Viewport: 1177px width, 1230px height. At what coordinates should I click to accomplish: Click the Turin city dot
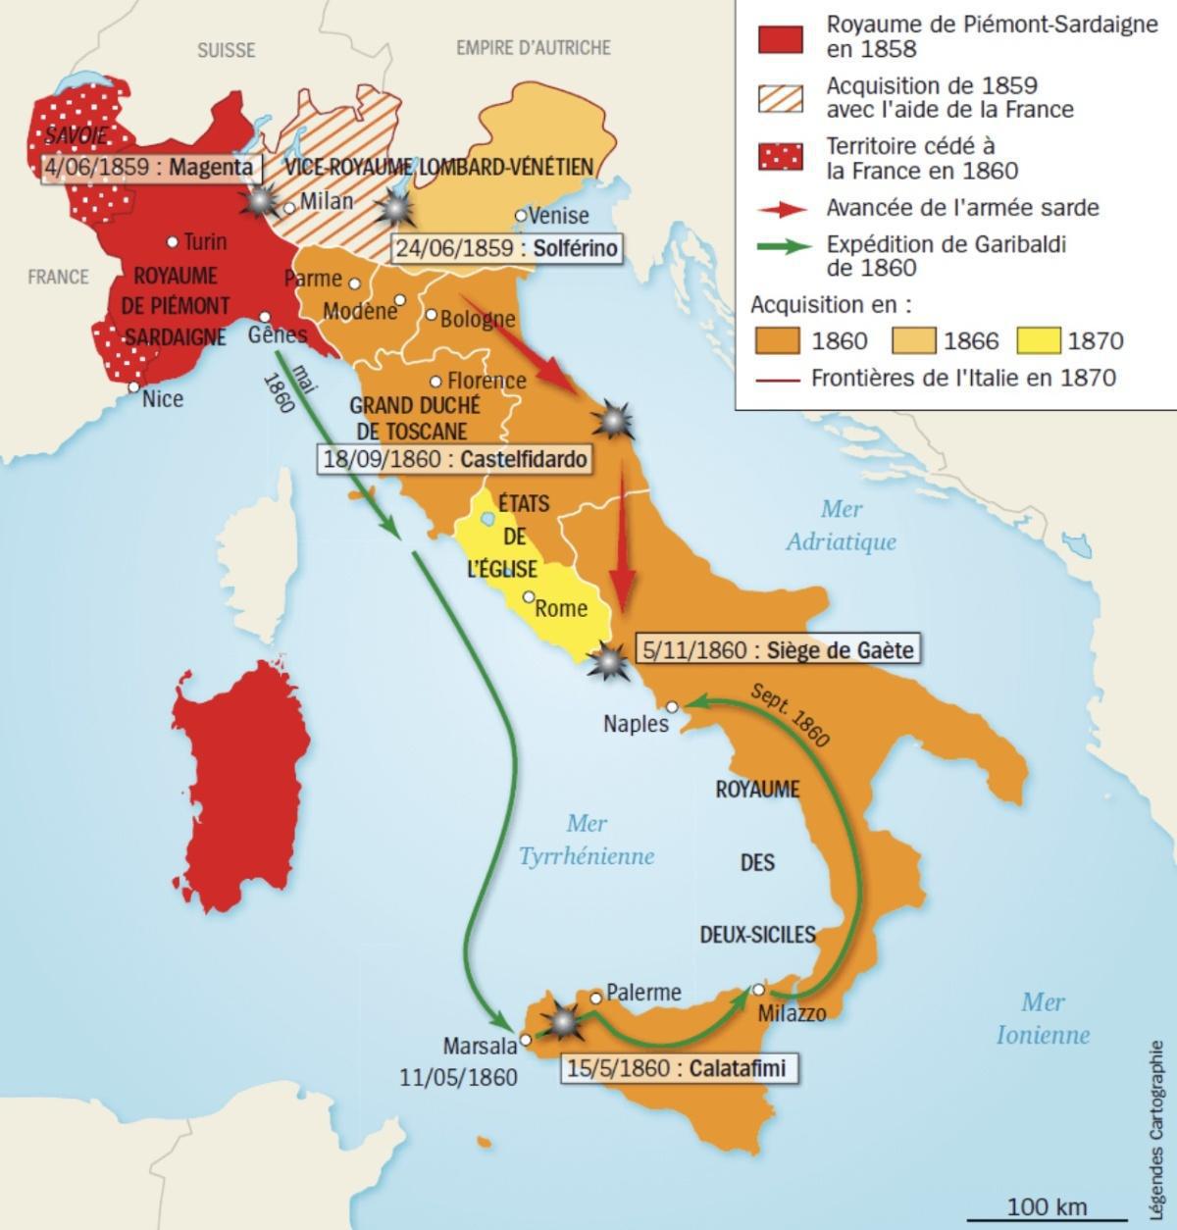point(173,241)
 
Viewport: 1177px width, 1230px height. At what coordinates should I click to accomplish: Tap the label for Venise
point(557,216)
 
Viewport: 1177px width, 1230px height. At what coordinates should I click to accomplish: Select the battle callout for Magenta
point(151,167)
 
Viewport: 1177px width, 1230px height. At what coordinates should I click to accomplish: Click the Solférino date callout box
point(507,248)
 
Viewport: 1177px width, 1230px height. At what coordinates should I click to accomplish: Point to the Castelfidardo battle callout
point(454,459)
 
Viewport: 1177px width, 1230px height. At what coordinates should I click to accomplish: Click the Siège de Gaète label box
point(778,648)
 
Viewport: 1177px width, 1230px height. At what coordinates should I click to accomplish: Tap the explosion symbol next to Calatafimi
point(563,1021)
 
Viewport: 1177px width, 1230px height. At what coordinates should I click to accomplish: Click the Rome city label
point(561,608)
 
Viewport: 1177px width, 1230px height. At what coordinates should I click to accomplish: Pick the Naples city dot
point(672,706)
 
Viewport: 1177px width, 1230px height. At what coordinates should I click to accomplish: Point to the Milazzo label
point(792,1013)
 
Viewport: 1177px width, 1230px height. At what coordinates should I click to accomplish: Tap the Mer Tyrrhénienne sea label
point(586,840)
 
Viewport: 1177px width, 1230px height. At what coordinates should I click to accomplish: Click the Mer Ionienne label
point(1043,1018)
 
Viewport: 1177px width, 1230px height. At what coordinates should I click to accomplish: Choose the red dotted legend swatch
point(781,156)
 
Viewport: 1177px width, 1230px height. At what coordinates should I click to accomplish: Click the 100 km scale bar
point(1046,1217)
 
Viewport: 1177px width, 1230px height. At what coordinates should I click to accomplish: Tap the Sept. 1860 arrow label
point(791,715)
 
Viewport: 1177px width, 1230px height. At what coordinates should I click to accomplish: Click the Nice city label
point(162,399)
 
